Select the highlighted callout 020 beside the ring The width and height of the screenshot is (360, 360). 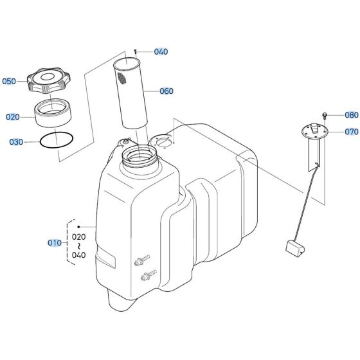pyautogui.click(x=13, y=117)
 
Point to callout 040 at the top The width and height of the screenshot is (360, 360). pyautogui.click(x=161, y=51)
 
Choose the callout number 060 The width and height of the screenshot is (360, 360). pyautogui.click(x=166, y=91)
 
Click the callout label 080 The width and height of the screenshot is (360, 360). pyautogui.click(x=351, y=116)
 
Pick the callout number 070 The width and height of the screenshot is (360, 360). pyautogui.click(x=351, y=132)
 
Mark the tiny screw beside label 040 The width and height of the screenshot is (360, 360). pyautogui.click(x=137, y=51)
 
